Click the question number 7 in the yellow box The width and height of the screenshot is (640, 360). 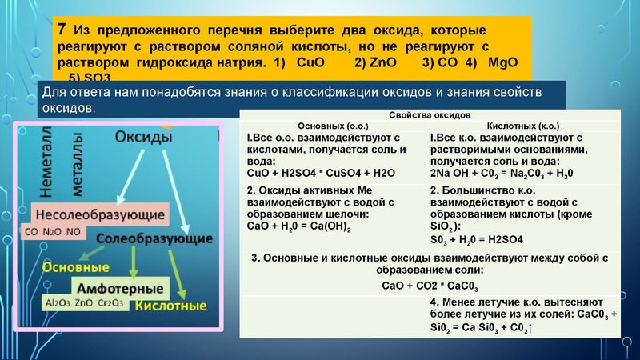click(x=62, y=29)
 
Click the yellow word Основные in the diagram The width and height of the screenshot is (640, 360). click(x=76, y=266)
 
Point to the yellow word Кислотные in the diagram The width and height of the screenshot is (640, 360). click(x=170, y=305)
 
